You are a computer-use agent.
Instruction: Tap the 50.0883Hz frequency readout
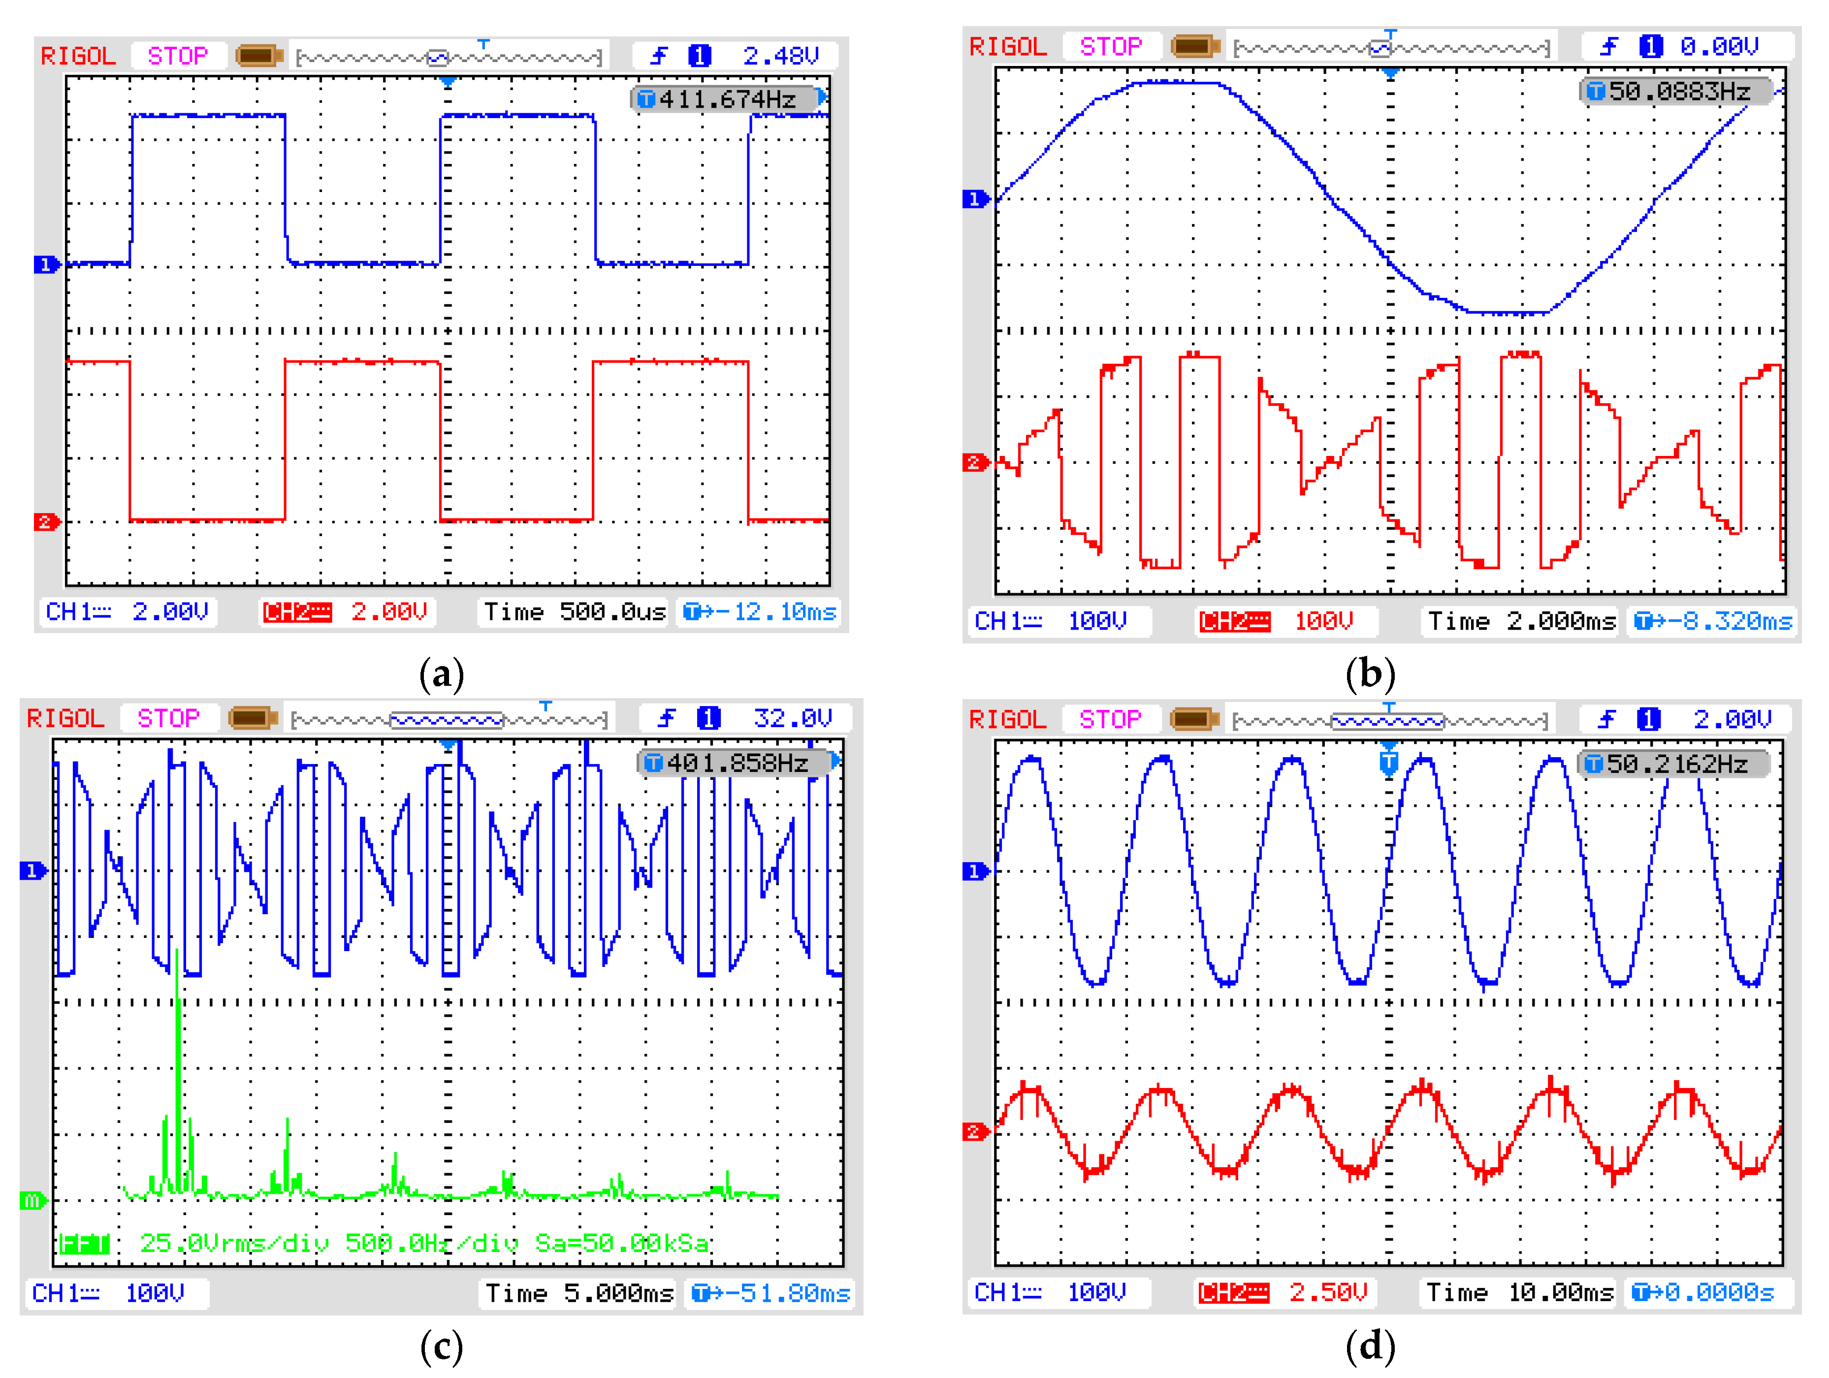(x=1678, y=91)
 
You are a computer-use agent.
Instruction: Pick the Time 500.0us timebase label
(x=574, y=612)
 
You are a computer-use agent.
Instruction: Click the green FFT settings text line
(x=385, y=1243)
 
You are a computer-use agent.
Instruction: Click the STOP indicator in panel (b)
(x=1111, y=46)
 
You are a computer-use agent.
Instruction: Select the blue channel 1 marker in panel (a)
(x=45, y=264)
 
